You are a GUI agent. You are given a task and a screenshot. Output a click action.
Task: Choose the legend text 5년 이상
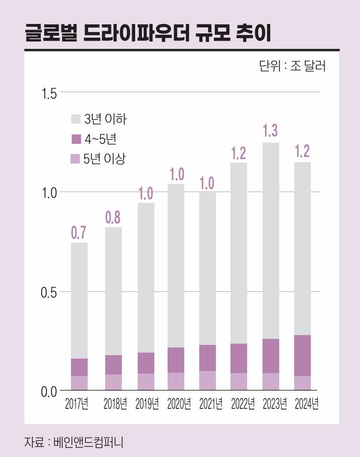105,159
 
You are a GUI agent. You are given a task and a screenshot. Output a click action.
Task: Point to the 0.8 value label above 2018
113,217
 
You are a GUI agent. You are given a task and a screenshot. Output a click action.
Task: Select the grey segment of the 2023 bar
271,240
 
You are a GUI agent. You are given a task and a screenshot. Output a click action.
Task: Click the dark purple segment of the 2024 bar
302,355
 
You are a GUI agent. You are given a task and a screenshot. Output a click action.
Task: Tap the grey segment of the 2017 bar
79,300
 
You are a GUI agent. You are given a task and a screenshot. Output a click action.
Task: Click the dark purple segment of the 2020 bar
175,360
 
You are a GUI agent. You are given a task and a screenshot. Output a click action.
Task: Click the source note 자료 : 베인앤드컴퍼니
74,442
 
